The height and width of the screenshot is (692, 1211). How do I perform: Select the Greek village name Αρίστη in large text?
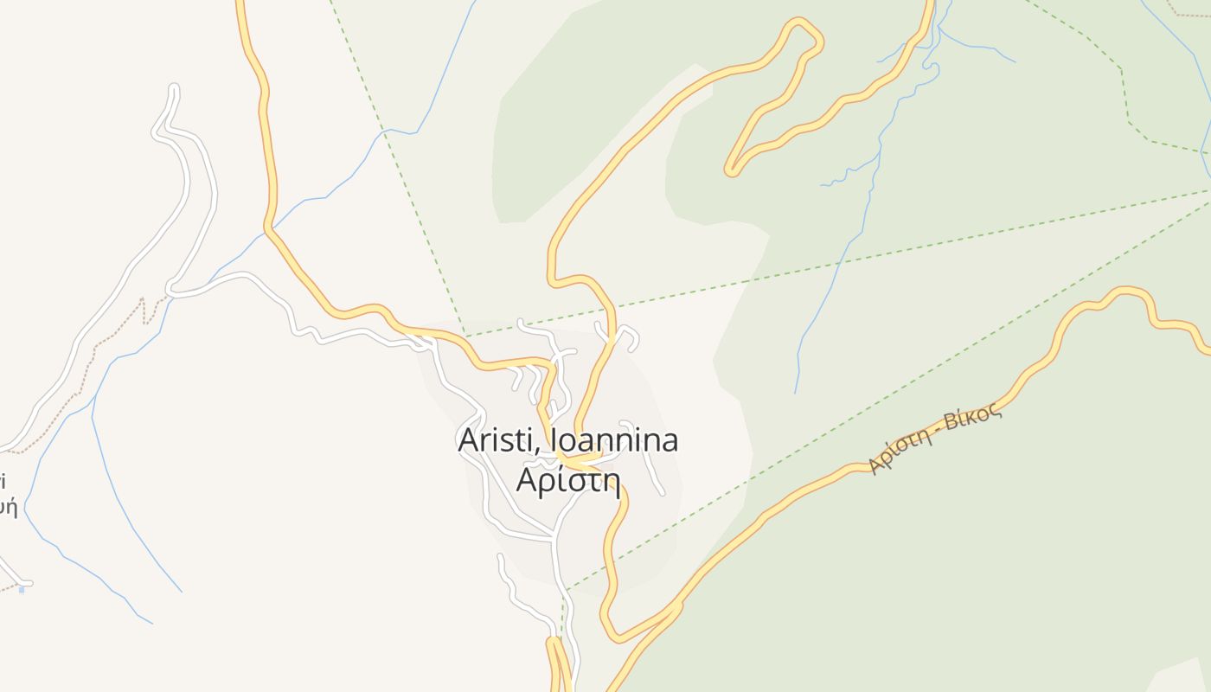tap(568, 478)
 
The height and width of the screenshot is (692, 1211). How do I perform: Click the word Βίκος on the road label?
tap(973, 421)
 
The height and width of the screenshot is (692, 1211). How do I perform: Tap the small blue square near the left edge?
tap(22, 589)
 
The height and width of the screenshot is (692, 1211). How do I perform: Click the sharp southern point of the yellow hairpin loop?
tap(732, 170)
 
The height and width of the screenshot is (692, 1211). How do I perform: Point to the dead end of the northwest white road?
tap(174, 88)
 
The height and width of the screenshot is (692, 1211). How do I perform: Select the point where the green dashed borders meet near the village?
tap(465, 336)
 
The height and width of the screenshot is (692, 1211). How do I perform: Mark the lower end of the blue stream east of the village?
tap(796, 391)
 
